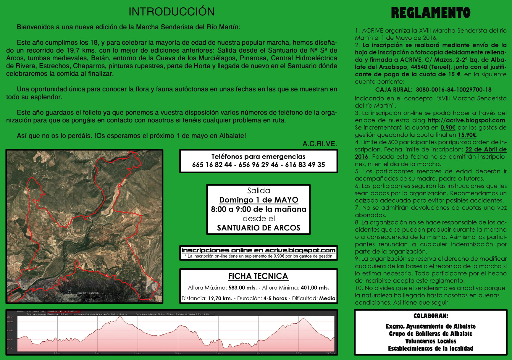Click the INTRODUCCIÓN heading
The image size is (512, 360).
[172, 12]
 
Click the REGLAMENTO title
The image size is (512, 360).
[431, 13]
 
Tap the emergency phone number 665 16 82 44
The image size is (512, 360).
[212, 165]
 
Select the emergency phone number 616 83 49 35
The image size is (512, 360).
[305, 165]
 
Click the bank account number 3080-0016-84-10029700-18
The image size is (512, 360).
[453, 90]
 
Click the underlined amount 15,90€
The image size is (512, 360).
[467, 135]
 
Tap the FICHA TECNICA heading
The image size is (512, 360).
[258, 276]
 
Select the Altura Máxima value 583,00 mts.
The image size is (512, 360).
[243, 288]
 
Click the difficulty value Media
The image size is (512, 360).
[327, 298]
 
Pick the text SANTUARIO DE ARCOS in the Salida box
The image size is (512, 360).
[259, 228]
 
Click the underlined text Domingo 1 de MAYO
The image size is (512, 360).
[259, 200]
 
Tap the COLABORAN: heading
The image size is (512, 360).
[431, 316]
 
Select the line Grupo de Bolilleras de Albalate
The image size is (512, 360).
[431, 334]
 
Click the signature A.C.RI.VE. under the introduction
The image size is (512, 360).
[320, 144]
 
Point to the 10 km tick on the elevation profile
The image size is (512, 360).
[178, 353]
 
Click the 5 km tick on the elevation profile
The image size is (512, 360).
[98, 353]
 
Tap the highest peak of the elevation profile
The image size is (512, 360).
[120, 317]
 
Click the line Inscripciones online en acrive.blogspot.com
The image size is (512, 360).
[259, 251]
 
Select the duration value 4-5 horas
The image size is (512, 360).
[275, 298]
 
